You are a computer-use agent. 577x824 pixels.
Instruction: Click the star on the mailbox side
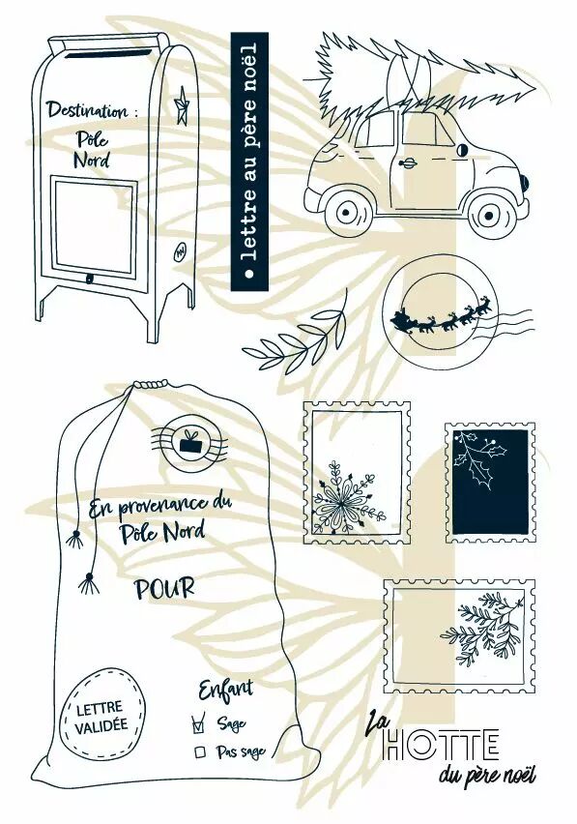click(x=182, y=105)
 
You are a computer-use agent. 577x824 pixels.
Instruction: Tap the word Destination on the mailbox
click(x=87, y=110)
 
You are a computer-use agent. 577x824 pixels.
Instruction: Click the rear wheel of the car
click(x=346, y=211)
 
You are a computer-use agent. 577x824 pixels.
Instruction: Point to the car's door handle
click(x=408, y=163)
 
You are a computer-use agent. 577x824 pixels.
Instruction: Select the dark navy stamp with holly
click(x=490, y=483)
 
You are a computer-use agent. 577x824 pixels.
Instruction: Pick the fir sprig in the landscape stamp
click(x=481, y=627)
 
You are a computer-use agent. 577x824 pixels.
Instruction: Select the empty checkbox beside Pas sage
click(x=199, y=752)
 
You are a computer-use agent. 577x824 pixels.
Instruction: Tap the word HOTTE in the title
click(x=441, y=744)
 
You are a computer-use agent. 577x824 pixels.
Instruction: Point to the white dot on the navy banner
click(x=249, y=274)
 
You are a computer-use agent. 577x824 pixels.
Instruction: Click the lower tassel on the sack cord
click(x=89, y=584)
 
